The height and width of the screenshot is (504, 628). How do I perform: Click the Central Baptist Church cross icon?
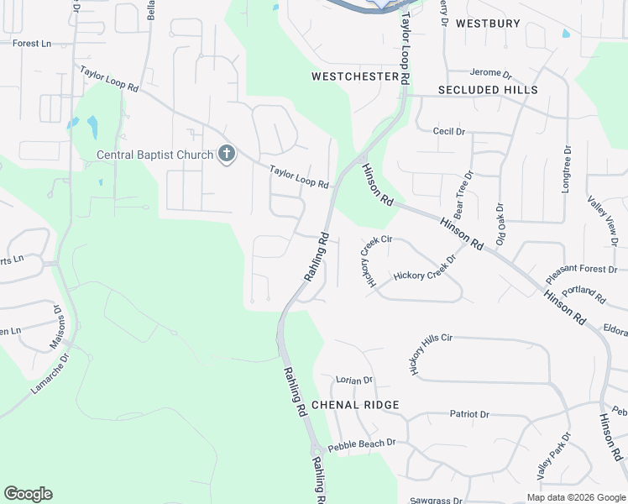226,155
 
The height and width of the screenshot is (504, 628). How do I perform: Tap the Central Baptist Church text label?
155,155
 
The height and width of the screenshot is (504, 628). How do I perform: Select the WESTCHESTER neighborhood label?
354,76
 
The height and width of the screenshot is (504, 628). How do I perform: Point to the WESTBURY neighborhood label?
488,24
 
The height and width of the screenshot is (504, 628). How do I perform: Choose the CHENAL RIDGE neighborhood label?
355,405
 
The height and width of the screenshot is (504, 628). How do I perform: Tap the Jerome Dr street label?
491,74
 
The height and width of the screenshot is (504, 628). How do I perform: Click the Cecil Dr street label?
448,132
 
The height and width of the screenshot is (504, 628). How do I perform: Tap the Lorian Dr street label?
353,381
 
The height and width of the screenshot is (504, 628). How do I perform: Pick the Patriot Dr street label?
469,414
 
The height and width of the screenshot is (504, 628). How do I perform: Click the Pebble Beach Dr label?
361,444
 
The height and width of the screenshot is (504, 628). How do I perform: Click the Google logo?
28,494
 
